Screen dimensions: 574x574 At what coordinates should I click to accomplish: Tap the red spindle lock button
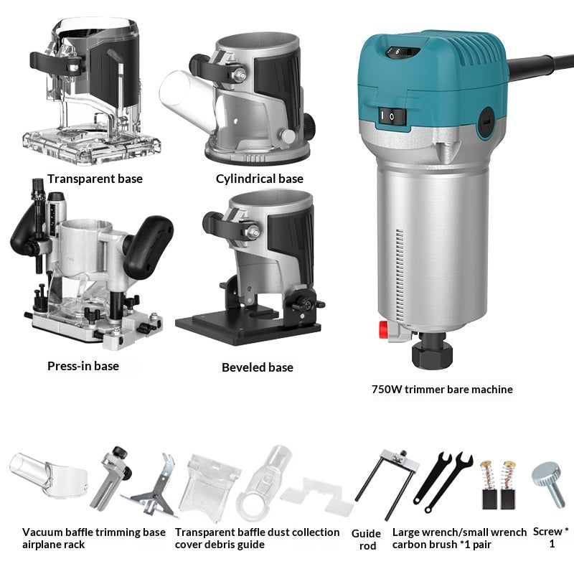point(385,332)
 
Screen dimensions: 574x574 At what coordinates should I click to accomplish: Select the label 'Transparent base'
point(95,179)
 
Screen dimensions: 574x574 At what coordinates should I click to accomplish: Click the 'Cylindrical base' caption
point(260,179)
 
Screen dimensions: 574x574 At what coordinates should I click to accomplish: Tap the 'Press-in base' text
point(83,366)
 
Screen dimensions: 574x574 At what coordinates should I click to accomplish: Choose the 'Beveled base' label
point(258,367)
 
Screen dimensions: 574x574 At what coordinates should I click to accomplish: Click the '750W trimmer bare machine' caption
point(442,390)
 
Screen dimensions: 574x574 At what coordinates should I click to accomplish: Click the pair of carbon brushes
point(498,484)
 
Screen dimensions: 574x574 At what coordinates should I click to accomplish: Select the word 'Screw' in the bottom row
point(547,532)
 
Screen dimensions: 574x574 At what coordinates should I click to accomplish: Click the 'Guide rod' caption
point(365,540)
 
